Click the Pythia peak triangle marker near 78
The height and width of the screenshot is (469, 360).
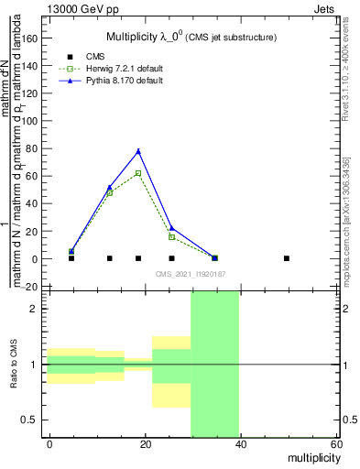click(x=138, y=151)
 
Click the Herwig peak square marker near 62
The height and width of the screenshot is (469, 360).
click(x=138, y=173)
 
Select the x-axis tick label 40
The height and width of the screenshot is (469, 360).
click(x=241, y=443)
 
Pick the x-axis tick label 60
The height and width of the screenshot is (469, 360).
click(x=335, y=443)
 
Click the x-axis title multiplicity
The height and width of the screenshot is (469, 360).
click(x=311, y=456)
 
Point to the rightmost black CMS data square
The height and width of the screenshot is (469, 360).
click(x=287, y=258)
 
